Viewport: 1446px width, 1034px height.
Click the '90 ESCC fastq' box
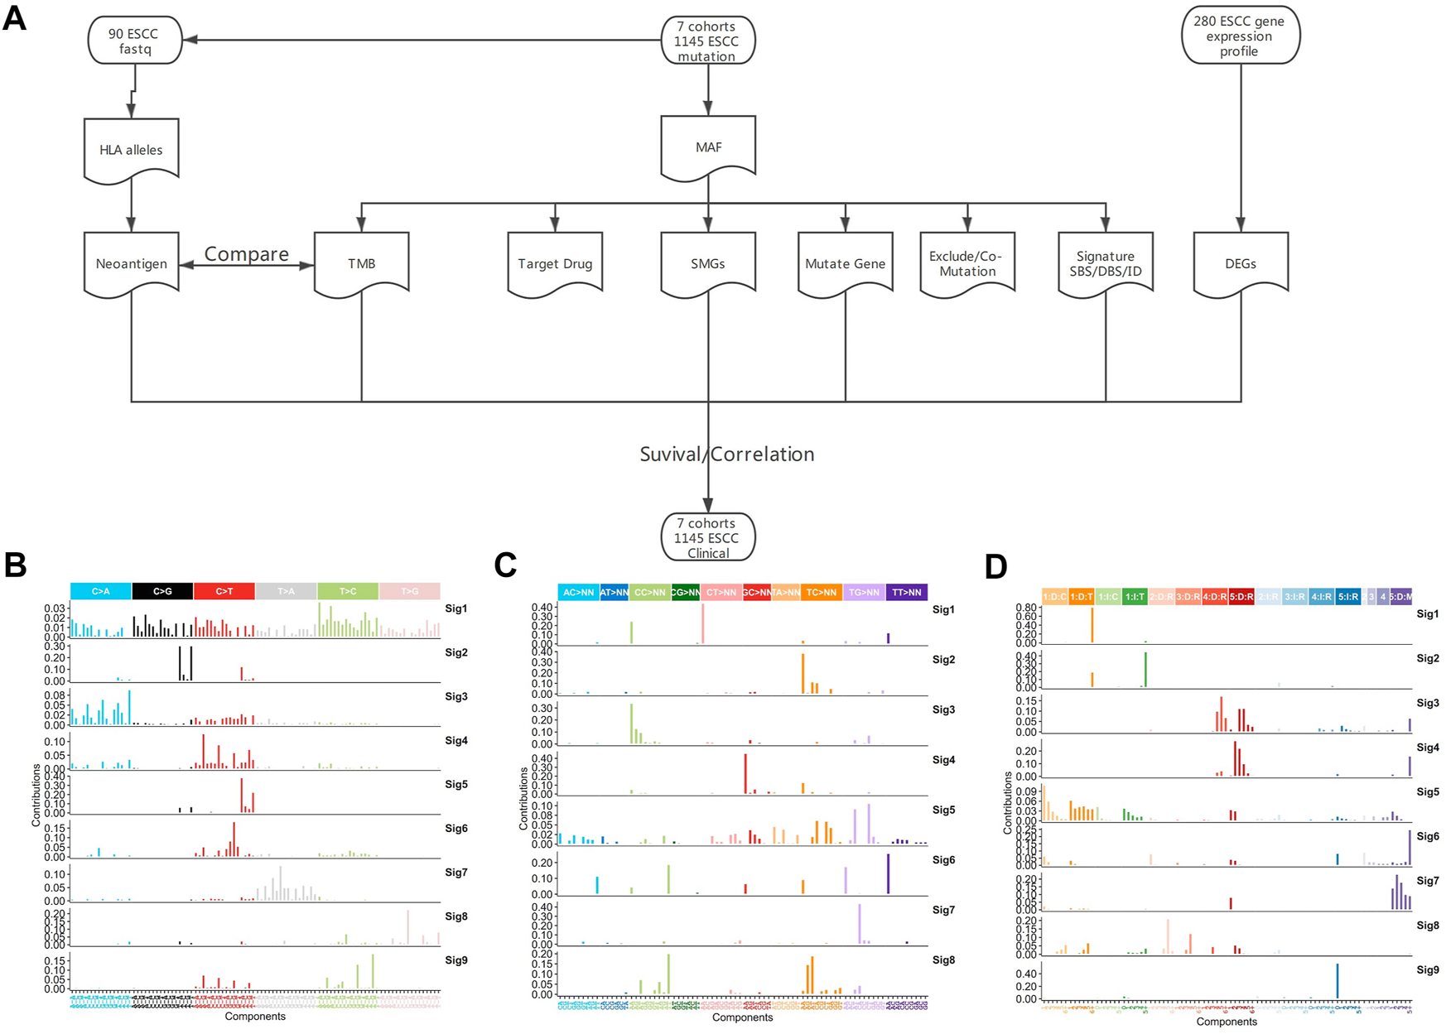(133, 41)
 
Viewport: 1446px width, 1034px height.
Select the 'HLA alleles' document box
(132, 150)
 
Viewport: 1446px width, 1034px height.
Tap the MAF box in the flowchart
(708, 147)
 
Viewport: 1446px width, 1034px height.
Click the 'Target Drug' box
(555, 263)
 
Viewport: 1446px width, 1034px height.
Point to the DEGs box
(1240, 263)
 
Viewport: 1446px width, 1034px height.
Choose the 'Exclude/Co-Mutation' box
(966, 263)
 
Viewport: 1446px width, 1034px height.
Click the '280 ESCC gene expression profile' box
(1240, 36)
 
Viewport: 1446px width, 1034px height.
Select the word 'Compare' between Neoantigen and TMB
(247, 254)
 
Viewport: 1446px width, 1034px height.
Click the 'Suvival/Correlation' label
(727, 454)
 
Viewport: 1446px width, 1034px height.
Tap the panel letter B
(16, 565)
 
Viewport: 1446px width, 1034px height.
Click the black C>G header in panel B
(162, 591)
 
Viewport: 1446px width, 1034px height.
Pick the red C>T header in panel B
(224, 591)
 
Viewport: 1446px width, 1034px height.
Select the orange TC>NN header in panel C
(822, 592)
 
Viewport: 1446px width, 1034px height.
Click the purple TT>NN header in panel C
(907, 592)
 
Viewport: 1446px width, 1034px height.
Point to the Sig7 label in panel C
(943, 910)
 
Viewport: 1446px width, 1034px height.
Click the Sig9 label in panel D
(1427, 969)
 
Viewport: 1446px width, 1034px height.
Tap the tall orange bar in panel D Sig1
(1092, 626)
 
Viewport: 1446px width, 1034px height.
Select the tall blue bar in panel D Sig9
(1337, 981)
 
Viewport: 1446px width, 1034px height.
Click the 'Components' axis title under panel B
(255, 1016)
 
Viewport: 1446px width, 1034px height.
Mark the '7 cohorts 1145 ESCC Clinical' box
(708, 537)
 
